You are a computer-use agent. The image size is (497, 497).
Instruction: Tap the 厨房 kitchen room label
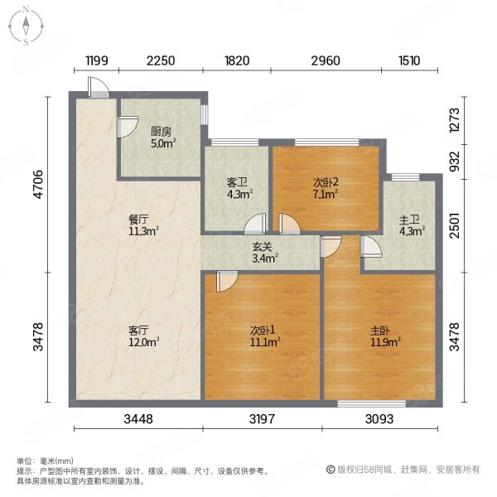point(161,132)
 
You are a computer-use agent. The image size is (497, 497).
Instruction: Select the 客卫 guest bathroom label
point(237,182)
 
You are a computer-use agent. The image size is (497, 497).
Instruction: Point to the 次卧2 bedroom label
point(326,182)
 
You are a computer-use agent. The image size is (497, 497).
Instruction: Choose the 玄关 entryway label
point(262,246)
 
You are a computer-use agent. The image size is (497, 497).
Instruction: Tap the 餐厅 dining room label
point(138,219)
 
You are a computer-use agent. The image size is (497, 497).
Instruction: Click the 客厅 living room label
point(138,331)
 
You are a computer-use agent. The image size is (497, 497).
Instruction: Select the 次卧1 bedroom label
point(263,331)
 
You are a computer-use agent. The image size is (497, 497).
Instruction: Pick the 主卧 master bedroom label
point(380,331)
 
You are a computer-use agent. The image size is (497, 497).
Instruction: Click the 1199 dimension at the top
point(97,60)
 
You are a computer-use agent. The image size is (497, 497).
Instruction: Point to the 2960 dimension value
point(326,60)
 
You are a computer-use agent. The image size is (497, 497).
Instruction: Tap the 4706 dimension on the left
point(38,184)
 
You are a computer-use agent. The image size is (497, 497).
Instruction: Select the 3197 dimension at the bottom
point(262,419)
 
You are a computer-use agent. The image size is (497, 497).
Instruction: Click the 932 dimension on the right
point(455,162)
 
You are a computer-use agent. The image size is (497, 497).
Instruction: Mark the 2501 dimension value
point(455,225)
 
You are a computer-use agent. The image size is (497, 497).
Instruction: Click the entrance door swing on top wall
point(99,87)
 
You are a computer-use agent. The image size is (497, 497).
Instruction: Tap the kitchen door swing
point(128,127)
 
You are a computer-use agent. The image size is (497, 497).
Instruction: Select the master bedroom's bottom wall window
point(371,403)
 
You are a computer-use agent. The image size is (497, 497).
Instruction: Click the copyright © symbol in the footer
point(331,470)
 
